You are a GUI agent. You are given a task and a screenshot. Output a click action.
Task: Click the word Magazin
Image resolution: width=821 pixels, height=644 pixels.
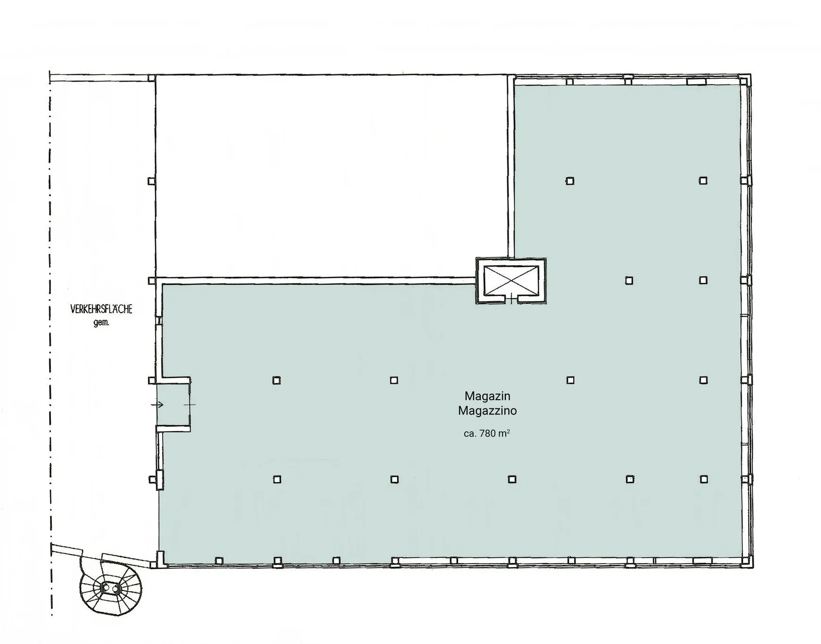point(487,396)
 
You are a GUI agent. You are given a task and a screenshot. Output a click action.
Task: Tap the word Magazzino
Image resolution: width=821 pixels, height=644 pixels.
point(487,410)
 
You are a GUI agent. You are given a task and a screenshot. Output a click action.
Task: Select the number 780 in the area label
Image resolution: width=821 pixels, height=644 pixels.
point(487,434)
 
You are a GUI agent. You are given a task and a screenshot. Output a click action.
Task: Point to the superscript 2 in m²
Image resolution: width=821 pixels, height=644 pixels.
point(508,431)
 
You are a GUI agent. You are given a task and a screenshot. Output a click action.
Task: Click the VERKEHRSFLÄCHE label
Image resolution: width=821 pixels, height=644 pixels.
point(101,309)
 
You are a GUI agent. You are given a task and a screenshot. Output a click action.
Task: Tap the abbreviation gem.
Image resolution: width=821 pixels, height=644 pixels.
point(101,323)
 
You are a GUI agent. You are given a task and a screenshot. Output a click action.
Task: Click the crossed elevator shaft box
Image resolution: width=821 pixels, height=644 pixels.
point(511,280)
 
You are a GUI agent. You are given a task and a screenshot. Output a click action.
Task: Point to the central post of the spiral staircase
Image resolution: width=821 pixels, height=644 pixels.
point(110,588)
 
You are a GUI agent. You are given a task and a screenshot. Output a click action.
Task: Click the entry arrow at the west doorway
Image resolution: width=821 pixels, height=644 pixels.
point(157,404)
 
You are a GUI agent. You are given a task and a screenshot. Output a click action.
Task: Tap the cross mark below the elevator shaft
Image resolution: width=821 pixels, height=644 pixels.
point(511,299)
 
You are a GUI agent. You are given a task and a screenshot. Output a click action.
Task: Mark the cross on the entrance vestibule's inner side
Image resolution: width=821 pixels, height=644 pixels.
point(190,404)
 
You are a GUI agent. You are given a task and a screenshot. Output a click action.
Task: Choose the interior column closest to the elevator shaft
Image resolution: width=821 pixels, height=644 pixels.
point(629,281)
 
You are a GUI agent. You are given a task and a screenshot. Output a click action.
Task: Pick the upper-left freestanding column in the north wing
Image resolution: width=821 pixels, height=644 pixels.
point(570,181)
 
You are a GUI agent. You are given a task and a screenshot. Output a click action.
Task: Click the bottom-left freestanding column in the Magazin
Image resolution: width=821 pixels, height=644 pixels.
point(277,479)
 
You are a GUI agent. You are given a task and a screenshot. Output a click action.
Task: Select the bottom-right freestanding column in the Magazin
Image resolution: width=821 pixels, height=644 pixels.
point(704,479)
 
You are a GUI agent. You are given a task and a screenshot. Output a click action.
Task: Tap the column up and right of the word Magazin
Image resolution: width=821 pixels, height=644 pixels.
point(570,380)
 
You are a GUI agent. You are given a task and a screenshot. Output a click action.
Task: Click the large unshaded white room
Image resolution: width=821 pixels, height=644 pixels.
point(332,176)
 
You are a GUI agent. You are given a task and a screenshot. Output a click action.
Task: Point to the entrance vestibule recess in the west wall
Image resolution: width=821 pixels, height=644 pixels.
point(173,404)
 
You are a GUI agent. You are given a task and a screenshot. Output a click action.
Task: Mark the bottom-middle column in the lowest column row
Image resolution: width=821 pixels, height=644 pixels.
point(512,479)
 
